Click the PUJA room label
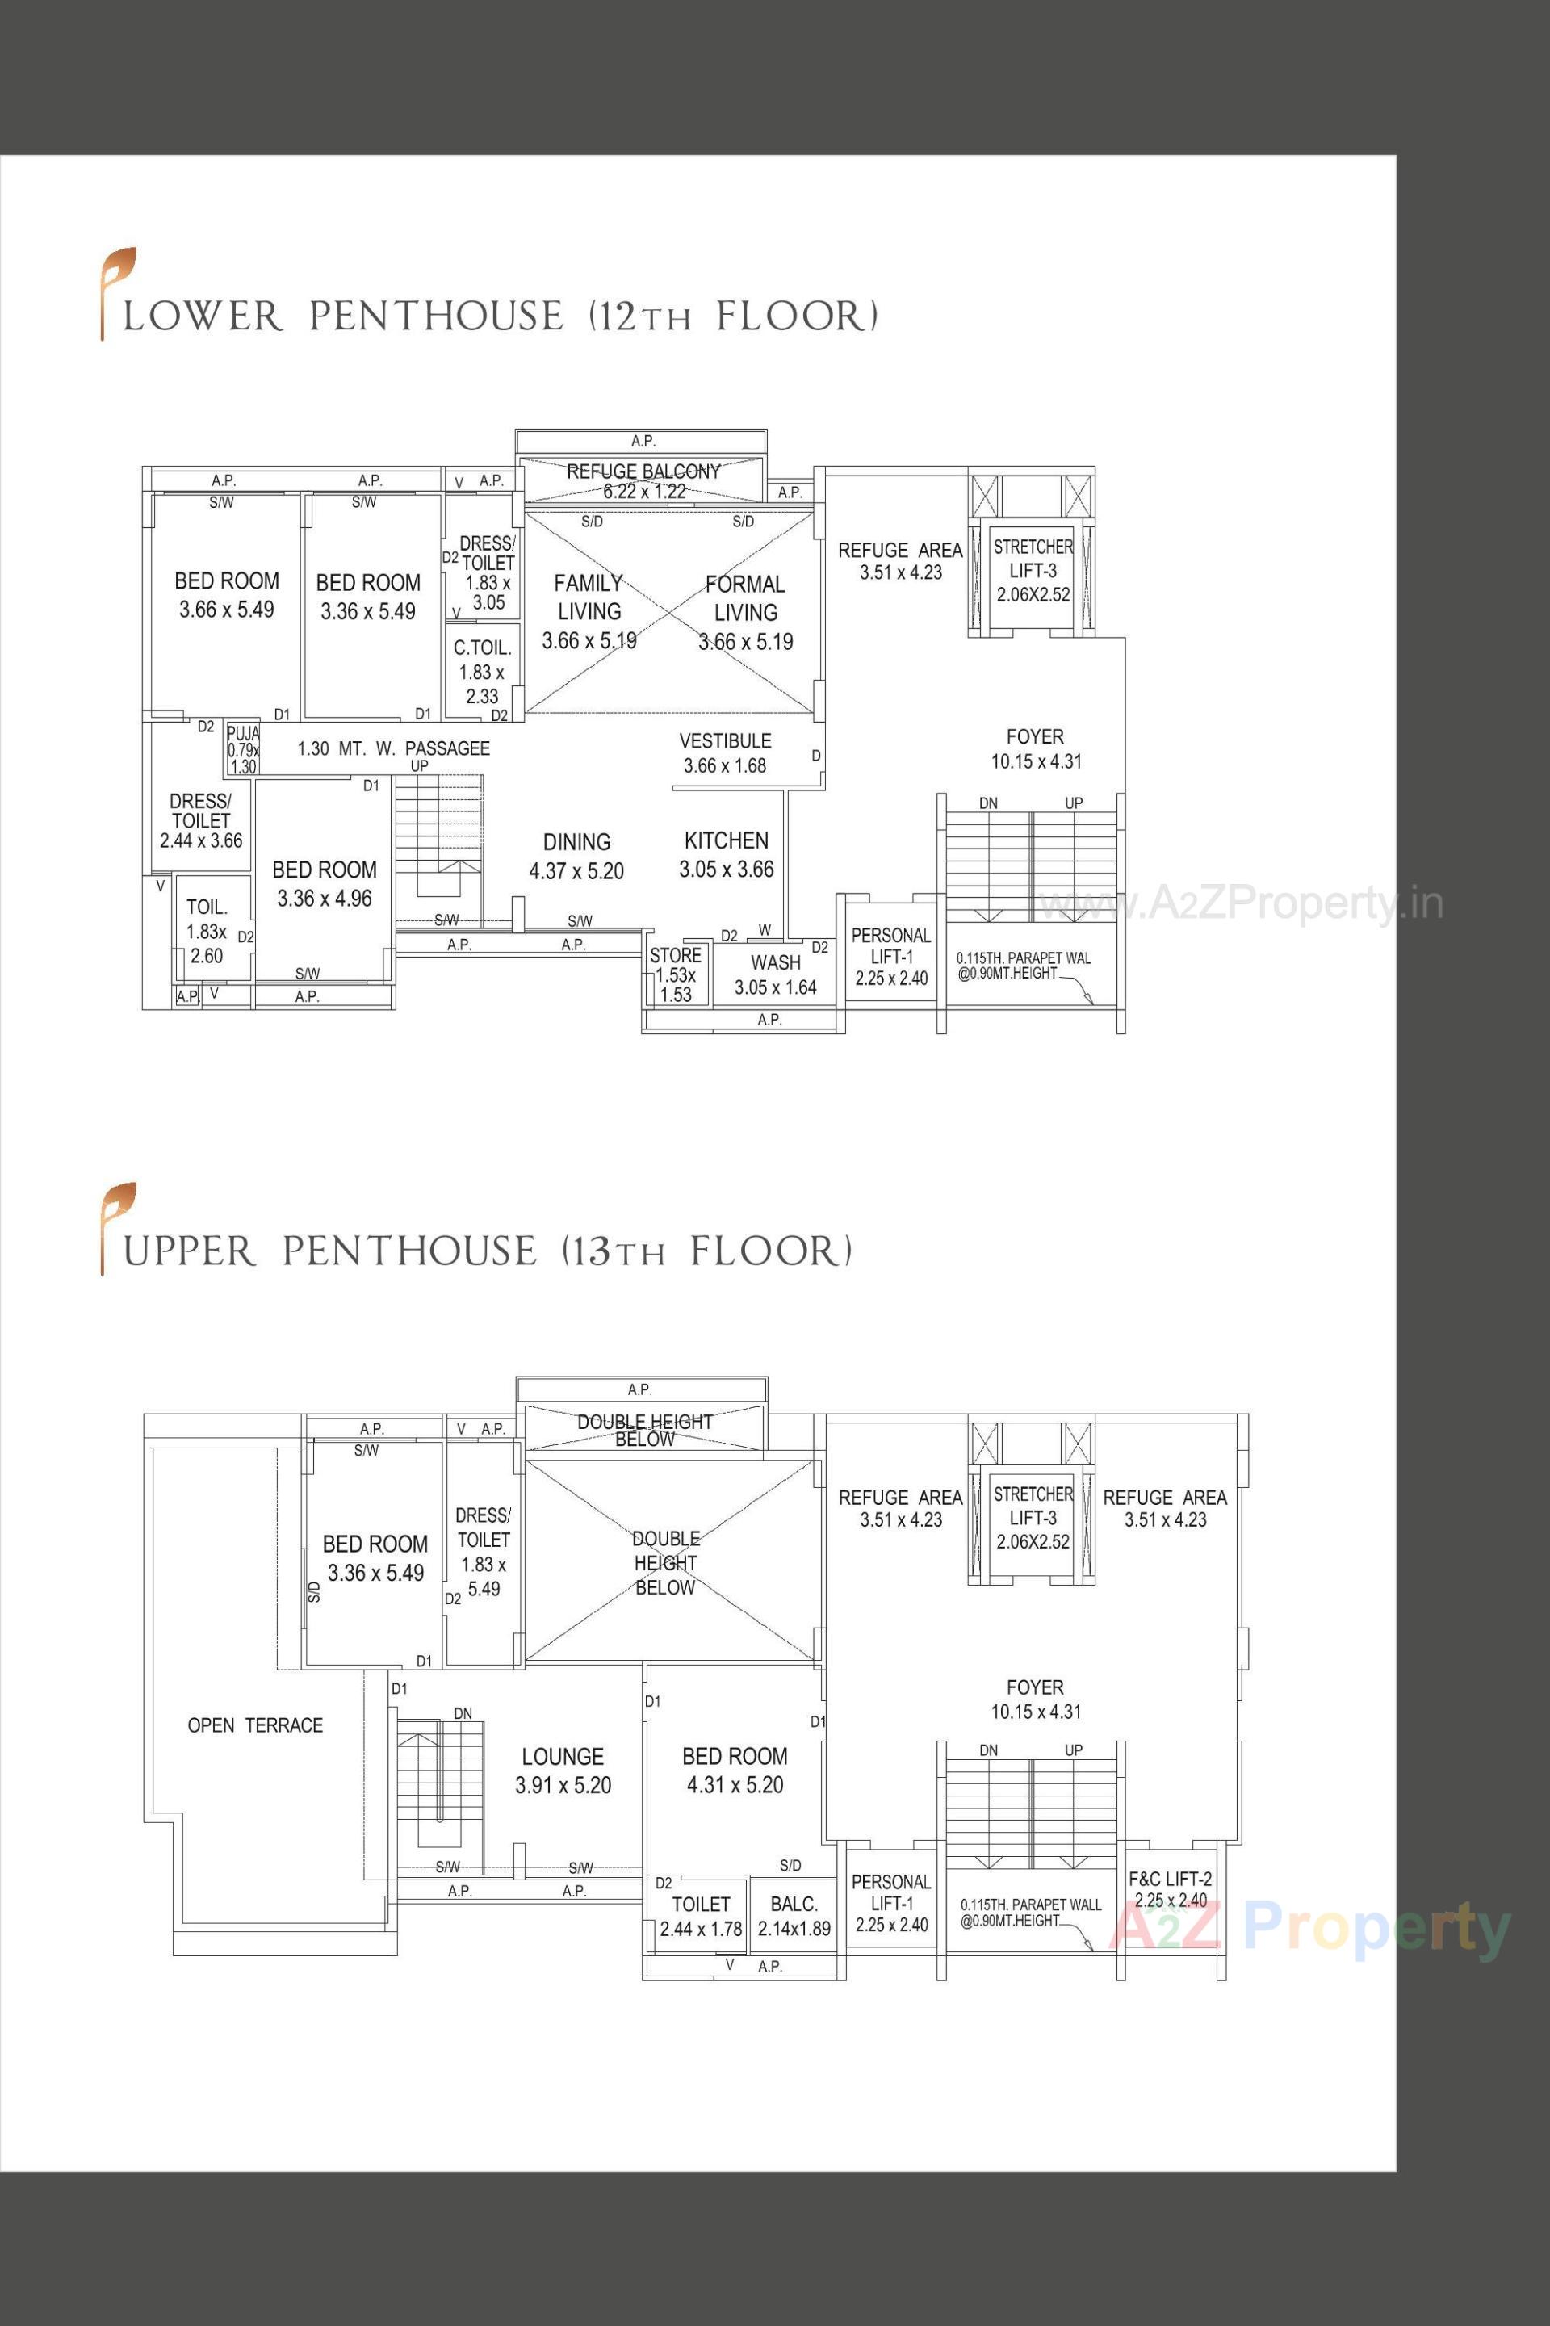[x=242, y=734]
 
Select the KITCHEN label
[x=726, y=840]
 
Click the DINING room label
[x=576, y=842]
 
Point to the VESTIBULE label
[x=725, y=740]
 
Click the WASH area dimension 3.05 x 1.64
[x=775, y=987]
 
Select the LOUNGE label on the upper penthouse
[x=563, y=1757]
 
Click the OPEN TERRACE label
[x=255, y=1725]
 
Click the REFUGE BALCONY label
[x=643, y=472]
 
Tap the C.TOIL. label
[x=483, y=648]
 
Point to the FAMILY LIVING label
[x=589, y=597]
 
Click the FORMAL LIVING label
[x=745, y=598]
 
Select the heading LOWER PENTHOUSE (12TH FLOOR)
[x=499, y=316]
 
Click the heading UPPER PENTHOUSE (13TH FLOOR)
[x=486, y=1251]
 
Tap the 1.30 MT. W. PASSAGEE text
[x=393, y=748]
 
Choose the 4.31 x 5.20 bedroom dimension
[x=735, y=1785]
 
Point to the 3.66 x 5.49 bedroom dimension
[x=226, y=610]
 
